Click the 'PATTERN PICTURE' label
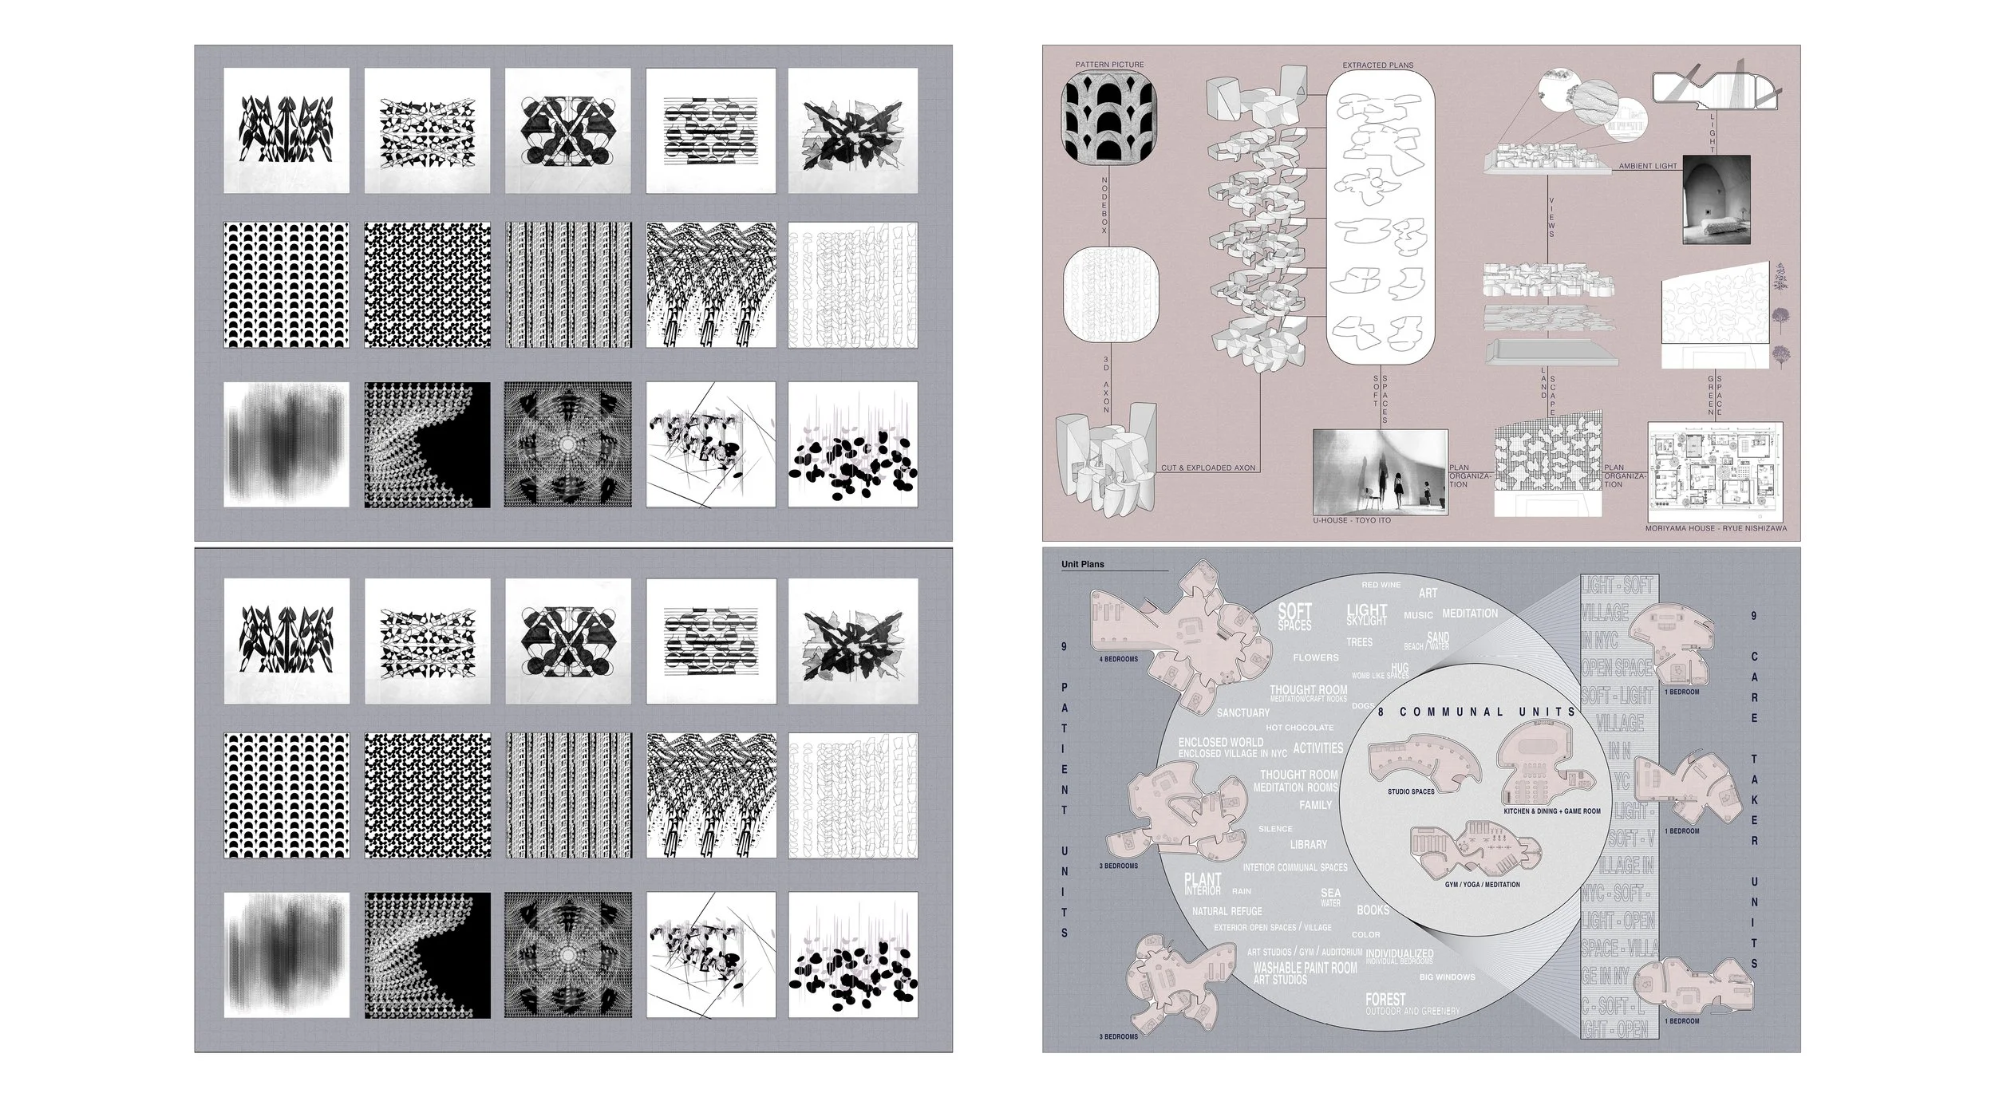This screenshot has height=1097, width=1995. click(x=1109, y=65)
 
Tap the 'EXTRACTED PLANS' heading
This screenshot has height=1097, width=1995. click(x=1377, y=65)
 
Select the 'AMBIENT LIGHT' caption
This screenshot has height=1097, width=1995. click(x=1648, y=166)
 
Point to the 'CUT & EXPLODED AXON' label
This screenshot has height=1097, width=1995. click(x=1207, y=468)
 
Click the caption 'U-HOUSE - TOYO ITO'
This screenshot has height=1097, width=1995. click(x=1352, y=520)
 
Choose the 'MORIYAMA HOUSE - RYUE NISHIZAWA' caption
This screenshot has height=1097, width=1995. click(x=1716, y=528)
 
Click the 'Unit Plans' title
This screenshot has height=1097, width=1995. click(x=1083, y=564)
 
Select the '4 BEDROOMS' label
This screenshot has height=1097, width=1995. click(x=1119, y=659)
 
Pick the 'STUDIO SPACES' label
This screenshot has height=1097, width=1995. click(x=1411, y=791)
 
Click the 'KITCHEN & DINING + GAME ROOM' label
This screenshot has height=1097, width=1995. click(x=1552, y=811)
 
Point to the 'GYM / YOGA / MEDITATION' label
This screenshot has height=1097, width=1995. click(x=1482, y=884)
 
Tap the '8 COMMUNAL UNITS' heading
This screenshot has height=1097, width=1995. click(x=1476, y=712)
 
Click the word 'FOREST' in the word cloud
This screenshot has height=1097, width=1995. click(x=1385, y=999)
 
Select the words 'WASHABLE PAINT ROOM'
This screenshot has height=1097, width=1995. click(x=1305, y=968)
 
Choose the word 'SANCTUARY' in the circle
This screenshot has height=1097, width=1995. click(x=1242, y=712)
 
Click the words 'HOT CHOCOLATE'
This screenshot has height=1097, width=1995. click(x=1299, y=728)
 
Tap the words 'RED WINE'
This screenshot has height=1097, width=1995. click(x=1381, y=585)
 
